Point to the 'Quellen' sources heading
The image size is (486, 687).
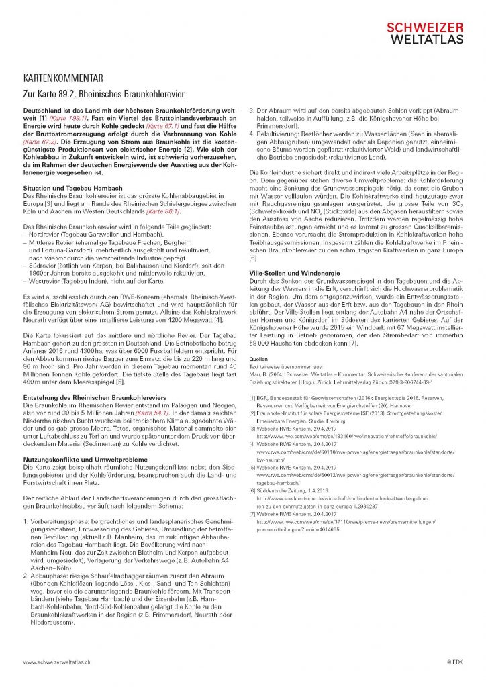point(258,360)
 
